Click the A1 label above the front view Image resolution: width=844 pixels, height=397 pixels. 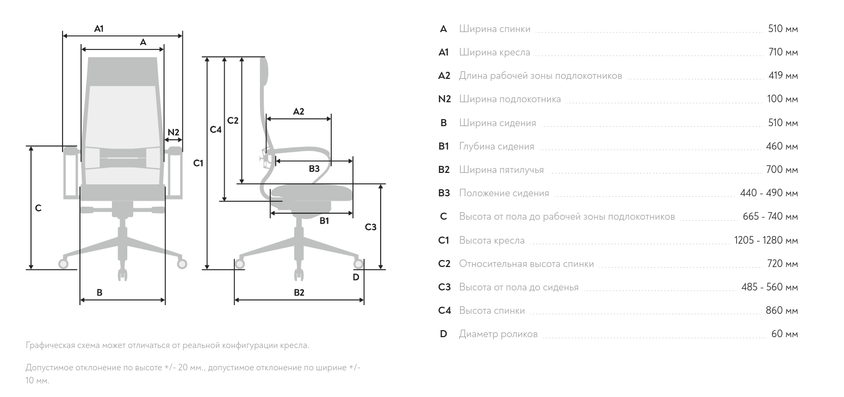[99, 29]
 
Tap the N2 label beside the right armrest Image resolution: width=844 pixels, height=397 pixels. [173, 132]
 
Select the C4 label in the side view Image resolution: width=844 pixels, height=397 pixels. [215, 129]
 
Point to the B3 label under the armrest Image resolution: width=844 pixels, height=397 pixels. [314, 169]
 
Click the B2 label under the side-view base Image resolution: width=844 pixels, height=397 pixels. [299, 292]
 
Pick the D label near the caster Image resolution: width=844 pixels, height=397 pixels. [356, 277]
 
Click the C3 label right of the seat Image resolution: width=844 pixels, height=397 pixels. [371, 227]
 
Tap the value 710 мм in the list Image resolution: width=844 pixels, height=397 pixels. [783, 52]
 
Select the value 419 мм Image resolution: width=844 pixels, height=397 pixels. [783, 76]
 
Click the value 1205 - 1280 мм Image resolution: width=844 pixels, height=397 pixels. [766, 240]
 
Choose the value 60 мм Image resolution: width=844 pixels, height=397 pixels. [785, 334]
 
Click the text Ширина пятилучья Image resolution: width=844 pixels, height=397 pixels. [501, 170]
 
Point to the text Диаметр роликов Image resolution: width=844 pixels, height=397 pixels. [498, 334]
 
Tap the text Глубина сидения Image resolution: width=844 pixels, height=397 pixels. [497, 146]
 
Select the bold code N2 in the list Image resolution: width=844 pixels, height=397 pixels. [445, 99]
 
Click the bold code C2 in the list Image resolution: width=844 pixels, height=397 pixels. [444, 264]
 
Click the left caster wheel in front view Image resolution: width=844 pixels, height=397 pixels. [63, 264]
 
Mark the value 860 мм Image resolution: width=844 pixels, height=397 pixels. [782, 311]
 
